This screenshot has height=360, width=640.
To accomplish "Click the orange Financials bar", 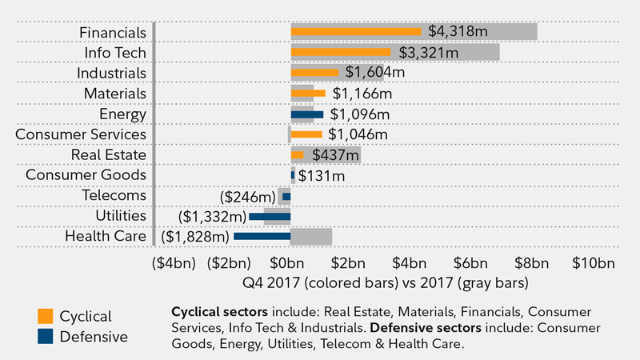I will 356,32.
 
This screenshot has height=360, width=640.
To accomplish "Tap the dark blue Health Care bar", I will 262,236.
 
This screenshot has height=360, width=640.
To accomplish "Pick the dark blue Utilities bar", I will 270,216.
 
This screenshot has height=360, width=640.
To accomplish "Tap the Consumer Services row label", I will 81,134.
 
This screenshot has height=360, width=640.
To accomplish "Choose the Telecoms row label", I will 114,194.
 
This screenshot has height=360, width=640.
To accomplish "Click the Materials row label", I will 115,94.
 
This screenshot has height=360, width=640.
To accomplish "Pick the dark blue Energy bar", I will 307,114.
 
